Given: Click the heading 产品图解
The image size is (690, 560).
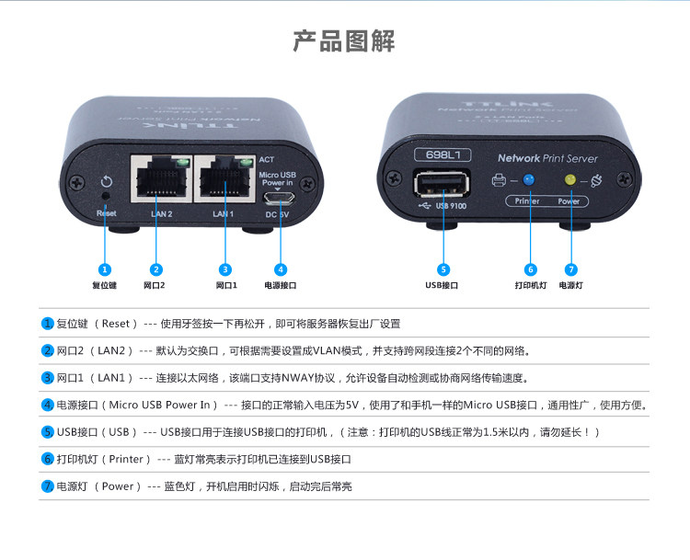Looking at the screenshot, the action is (344, 41).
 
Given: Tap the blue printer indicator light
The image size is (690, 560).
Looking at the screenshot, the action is (528, 180).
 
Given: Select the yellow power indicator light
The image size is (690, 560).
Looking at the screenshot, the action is (570, 180).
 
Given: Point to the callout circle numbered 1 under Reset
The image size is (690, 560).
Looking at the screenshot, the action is (105, 269).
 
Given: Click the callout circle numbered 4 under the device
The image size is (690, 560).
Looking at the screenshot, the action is (281, 269).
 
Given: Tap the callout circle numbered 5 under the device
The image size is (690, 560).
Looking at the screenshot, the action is (443, 269).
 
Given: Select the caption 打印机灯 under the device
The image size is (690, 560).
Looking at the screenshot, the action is (530, 286).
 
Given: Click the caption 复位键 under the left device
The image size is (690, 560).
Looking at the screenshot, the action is (105, 286).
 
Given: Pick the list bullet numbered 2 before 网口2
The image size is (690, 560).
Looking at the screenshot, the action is (48, 351).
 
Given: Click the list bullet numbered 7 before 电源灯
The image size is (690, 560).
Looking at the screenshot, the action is (48, 486).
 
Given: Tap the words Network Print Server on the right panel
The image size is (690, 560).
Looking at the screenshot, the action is (546, 158).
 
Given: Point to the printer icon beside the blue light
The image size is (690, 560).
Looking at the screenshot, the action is (500, 181).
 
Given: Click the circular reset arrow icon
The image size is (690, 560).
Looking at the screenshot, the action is (106, 181).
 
